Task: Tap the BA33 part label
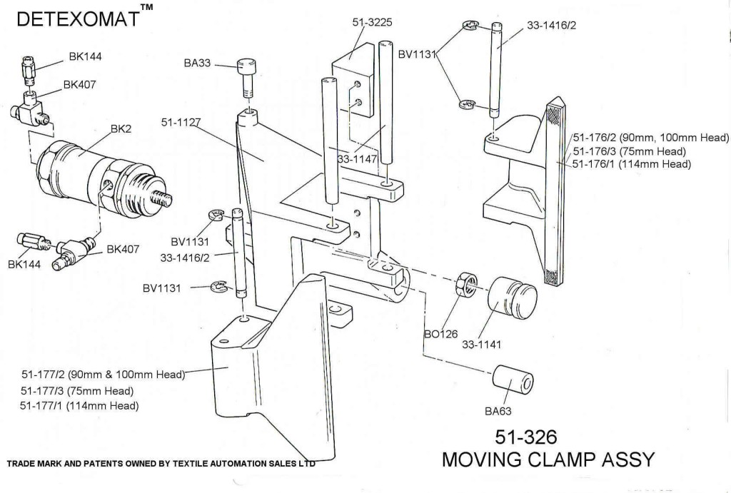[x=197, y=63]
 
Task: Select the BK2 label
[x=120, y=130]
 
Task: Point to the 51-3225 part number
[x=373, y=23]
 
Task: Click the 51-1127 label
[x=179, y=123]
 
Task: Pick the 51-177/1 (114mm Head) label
[x=80, y=405]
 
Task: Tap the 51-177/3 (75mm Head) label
[x=78, y=390]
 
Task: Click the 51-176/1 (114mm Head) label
[x=632, y=163]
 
